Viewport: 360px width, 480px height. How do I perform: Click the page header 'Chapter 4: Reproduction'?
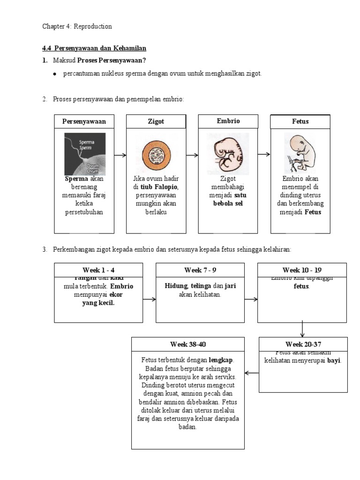tap(77, 26)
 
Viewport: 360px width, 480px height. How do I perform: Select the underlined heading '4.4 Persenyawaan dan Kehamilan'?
tap(95, 48)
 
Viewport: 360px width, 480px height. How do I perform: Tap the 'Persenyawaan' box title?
tap(84, 121)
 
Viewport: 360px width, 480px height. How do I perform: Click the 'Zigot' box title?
tap(156, 121)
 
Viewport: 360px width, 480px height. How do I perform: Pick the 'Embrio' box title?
tap(228, 121)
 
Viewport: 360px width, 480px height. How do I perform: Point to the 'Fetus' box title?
tap(300, 121)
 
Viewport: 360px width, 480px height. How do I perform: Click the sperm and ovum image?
tap(85, 154)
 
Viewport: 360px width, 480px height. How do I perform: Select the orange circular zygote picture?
tap(157, 154)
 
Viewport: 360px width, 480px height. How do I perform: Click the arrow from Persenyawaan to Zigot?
tap(120, 155)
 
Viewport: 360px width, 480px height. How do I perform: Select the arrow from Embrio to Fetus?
tap(264, 155)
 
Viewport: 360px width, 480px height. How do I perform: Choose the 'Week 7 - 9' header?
tap(200, 270)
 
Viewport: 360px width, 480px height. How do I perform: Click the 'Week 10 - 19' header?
tap(302, 270)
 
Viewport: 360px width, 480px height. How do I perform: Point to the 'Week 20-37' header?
tap(303, 344)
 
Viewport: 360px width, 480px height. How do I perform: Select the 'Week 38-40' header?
tap(188, 344)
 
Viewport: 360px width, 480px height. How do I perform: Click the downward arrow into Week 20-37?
tap(303, 329)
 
